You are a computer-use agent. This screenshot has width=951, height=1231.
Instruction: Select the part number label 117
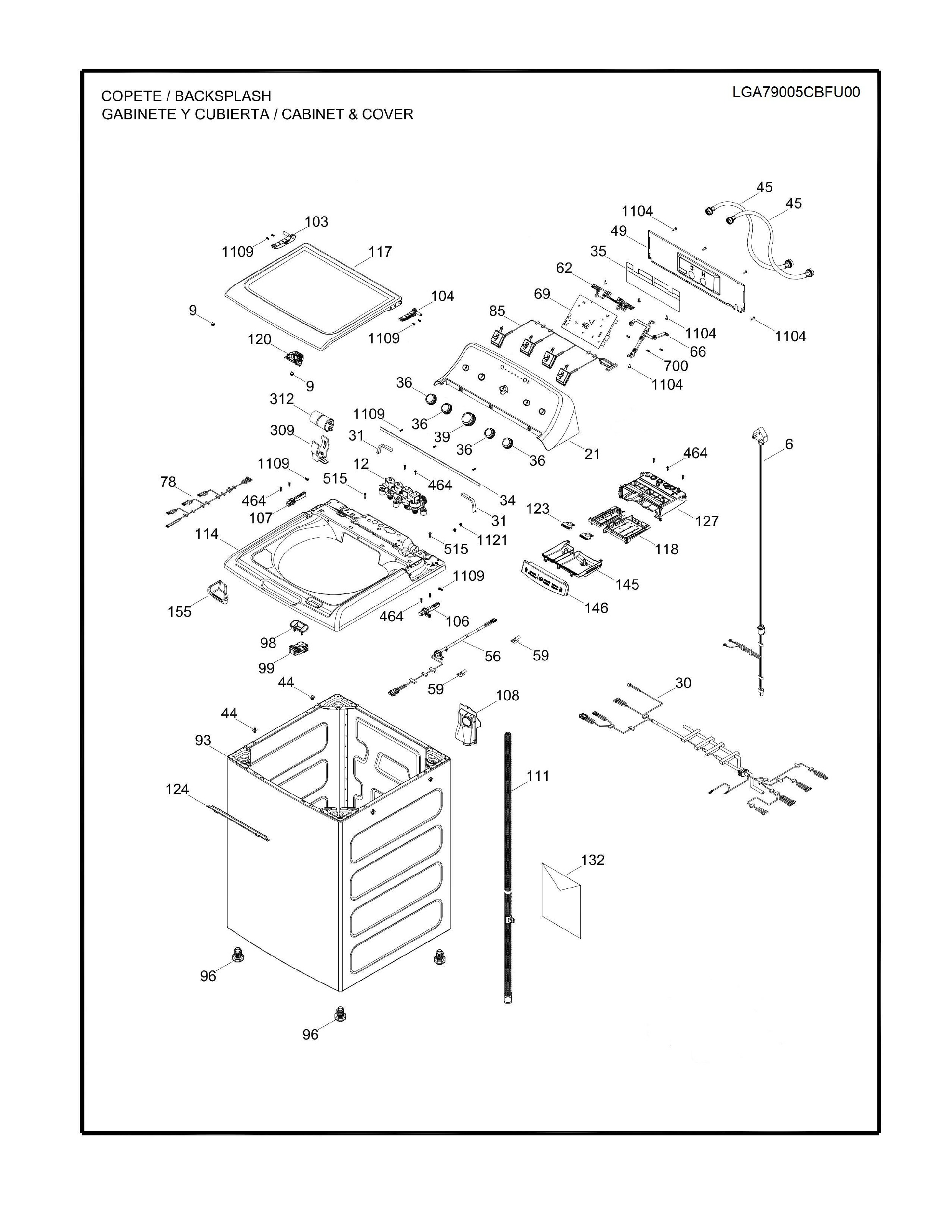point(380,252)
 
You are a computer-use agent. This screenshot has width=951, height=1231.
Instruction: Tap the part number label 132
point(593,860)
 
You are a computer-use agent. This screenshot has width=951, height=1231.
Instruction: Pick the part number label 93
point(203,740)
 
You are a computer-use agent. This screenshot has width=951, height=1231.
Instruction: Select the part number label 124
point(177,789)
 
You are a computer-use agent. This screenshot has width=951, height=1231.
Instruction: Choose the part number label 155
point(179,612)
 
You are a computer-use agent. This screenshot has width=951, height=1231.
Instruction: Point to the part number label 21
point(592,453)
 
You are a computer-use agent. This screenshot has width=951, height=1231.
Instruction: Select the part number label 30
point(683,683)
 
